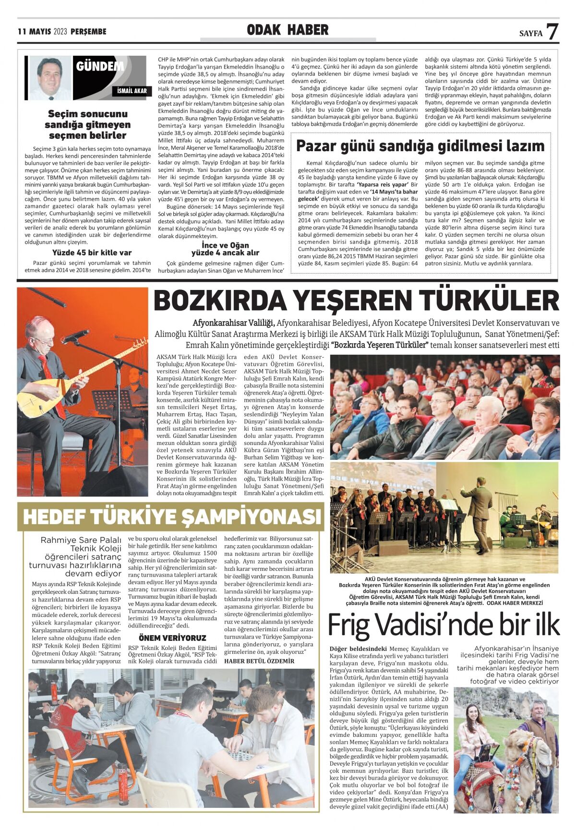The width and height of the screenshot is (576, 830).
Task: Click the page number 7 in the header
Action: pos(552,31)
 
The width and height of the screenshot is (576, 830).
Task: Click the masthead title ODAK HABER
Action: pos(288,30)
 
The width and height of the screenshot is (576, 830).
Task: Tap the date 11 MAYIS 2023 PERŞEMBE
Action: pos(62,32)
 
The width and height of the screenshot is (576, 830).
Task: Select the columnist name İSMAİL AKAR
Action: pos(132,91)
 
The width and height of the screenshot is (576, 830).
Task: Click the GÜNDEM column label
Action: pos(100,66)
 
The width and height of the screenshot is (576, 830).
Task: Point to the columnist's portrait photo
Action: pos(50,78)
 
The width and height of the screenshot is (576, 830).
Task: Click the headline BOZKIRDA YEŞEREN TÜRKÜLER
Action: pos(356,301)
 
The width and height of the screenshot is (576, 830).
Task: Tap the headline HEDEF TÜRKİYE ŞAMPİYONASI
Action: pos(171,517)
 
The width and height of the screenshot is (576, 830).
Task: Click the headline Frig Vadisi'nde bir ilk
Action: pos(444,625)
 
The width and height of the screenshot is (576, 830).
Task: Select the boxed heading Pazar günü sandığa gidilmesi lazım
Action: pos(420,145)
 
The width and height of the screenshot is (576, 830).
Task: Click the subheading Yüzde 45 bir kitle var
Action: pos(92,253)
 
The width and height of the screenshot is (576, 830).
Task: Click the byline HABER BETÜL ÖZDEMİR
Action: pos(259,661)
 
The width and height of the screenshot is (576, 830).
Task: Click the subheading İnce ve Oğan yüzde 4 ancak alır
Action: pos(225,249)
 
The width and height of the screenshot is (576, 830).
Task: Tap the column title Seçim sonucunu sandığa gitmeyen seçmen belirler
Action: pos(87,124)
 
